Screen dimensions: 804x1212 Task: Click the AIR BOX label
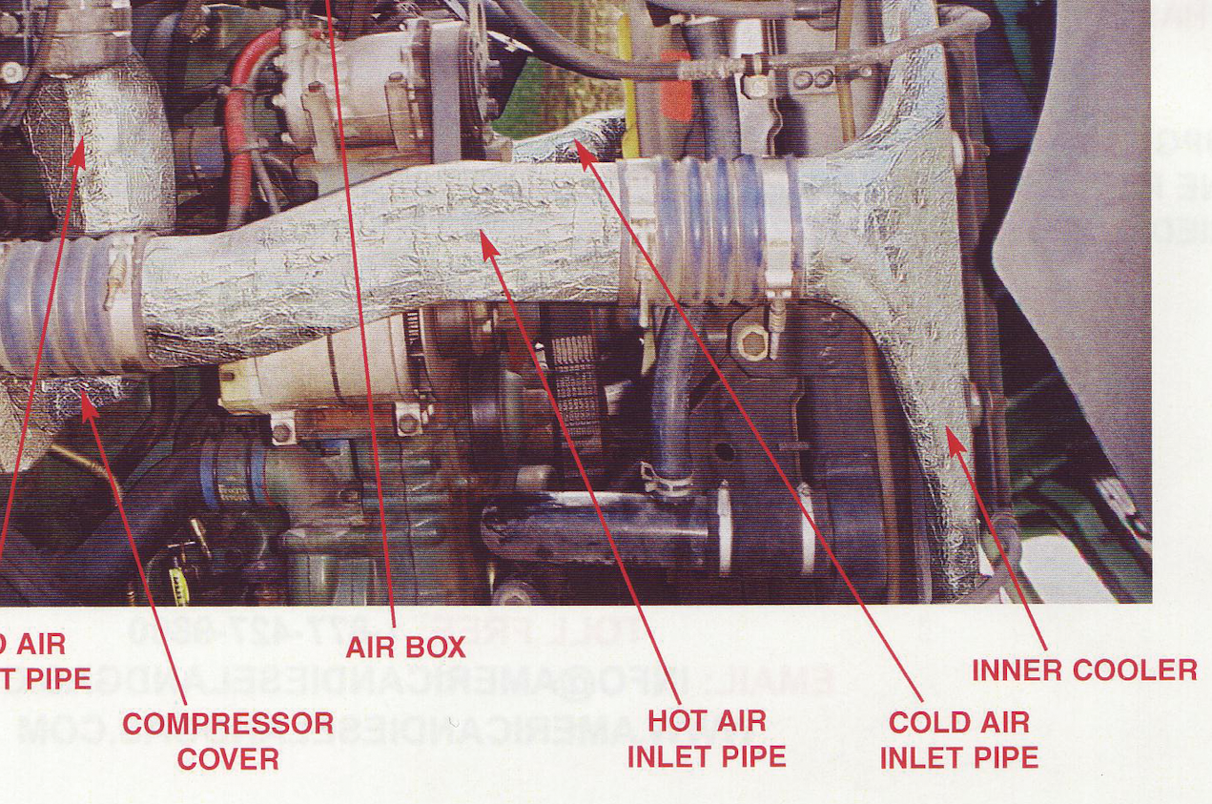click(x=405, y=647)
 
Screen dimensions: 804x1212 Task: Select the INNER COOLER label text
click(x=1084, y=670)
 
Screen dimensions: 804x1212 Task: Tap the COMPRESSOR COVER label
click(x=228, y=741)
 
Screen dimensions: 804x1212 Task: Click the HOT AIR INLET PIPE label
click(x=707, y=738)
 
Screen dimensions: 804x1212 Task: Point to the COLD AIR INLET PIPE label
click(x=958, y=740)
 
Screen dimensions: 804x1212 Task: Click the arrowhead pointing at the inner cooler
click(x=951, y=439)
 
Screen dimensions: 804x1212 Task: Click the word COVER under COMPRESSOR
click(x=228, y=760)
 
